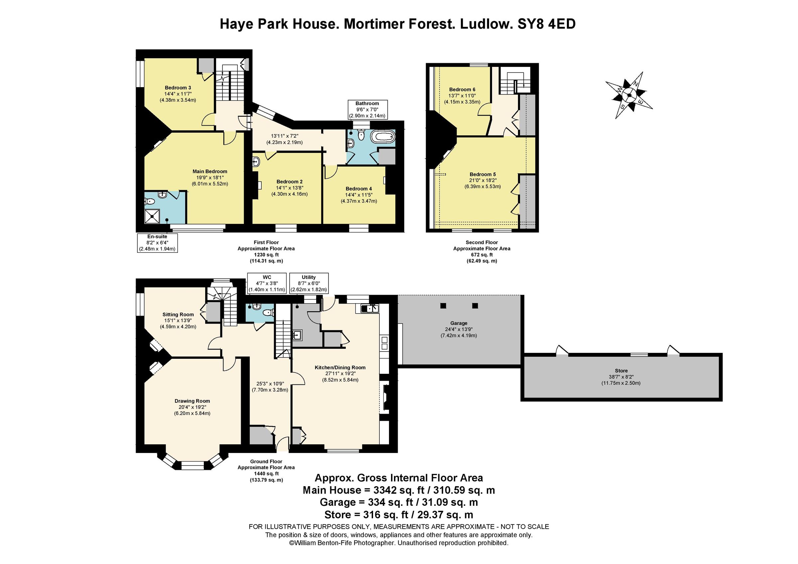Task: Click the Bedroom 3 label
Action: pyautogui.click(x=178, y=87)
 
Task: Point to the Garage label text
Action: pyautogui.click(x=459, y=323)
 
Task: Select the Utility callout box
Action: pyautogui.click(x=309, y=283)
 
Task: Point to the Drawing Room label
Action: pyautogui.click(x=192, y=401)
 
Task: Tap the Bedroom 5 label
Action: pyautogui.click(x=482, y=175)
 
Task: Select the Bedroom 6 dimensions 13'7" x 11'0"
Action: pyautogui.click(x=462, y=95)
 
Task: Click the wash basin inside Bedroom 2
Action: pyautogui.click(x=256, y=162)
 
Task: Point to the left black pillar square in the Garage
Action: pyautogui.click(x=443, y=306)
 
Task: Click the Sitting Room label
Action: pyautogui.click(x=178, y=315)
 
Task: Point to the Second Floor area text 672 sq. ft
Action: pyautogui.click(x=481, y=255)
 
